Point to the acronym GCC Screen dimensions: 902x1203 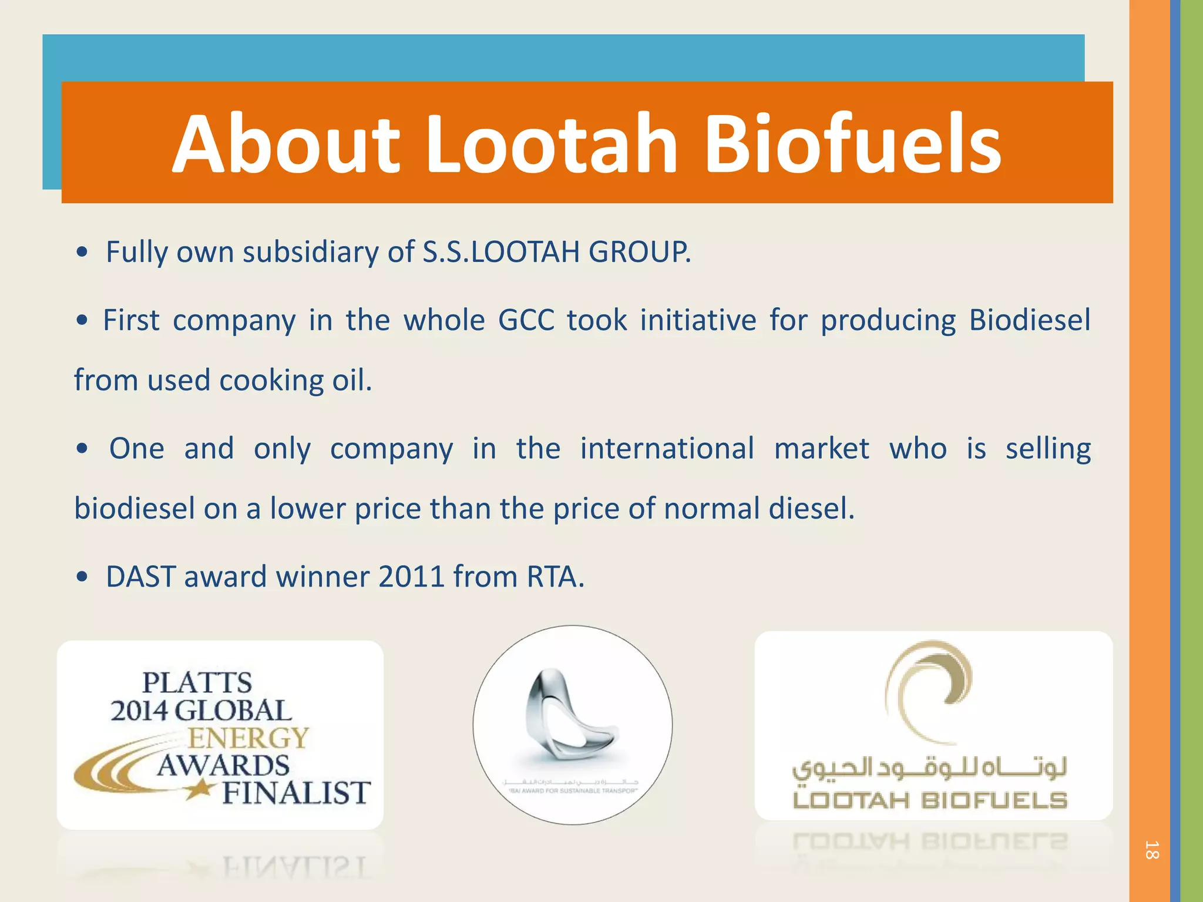tap(526, 321)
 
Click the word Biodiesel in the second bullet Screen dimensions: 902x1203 tap(1029, 321)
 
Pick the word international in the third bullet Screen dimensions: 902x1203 tap(667, 449)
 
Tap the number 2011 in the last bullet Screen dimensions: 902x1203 tap(411, 577)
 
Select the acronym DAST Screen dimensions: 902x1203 tap(141, 577)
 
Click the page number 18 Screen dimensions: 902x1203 tap(1151, 850)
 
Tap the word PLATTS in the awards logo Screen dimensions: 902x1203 tap(197, 683)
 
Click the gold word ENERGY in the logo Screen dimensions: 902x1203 tap(248, 738)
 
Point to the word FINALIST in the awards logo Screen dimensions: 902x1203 tap(296, 793)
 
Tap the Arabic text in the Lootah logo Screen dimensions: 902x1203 tap(929, 768)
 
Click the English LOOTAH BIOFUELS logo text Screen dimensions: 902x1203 tap(929, 800)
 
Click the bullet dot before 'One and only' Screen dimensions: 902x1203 tap(82, 449)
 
